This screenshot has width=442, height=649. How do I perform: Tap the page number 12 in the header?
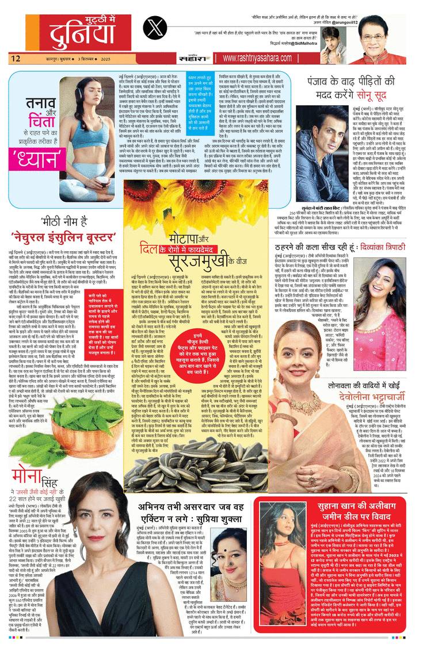[16, 58]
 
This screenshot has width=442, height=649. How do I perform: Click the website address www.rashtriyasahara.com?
[257, 58]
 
